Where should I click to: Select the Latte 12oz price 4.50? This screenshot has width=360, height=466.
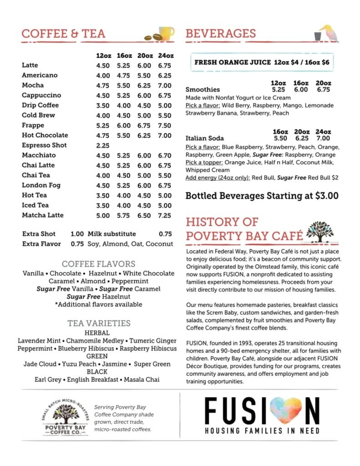tap(103, 66)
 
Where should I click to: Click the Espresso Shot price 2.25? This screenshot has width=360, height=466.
tap(103, 146)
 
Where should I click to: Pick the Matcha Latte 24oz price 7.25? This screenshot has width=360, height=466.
tap(164, 216)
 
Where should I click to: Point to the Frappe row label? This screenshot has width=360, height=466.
tap(33, 126)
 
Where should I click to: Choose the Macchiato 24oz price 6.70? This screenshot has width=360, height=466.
tap(164, 156)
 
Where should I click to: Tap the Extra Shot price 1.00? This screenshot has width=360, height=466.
tap(77, 234)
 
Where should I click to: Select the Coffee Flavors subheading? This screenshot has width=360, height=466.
tap(98, 264)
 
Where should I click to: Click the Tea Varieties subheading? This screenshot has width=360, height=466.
tap(98, 324)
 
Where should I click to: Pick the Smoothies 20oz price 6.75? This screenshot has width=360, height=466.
tap(323, 90)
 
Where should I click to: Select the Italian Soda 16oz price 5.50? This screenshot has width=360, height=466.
tap(280, 138)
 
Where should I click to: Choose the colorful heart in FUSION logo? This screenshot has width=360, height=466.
tap(282, 411)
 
